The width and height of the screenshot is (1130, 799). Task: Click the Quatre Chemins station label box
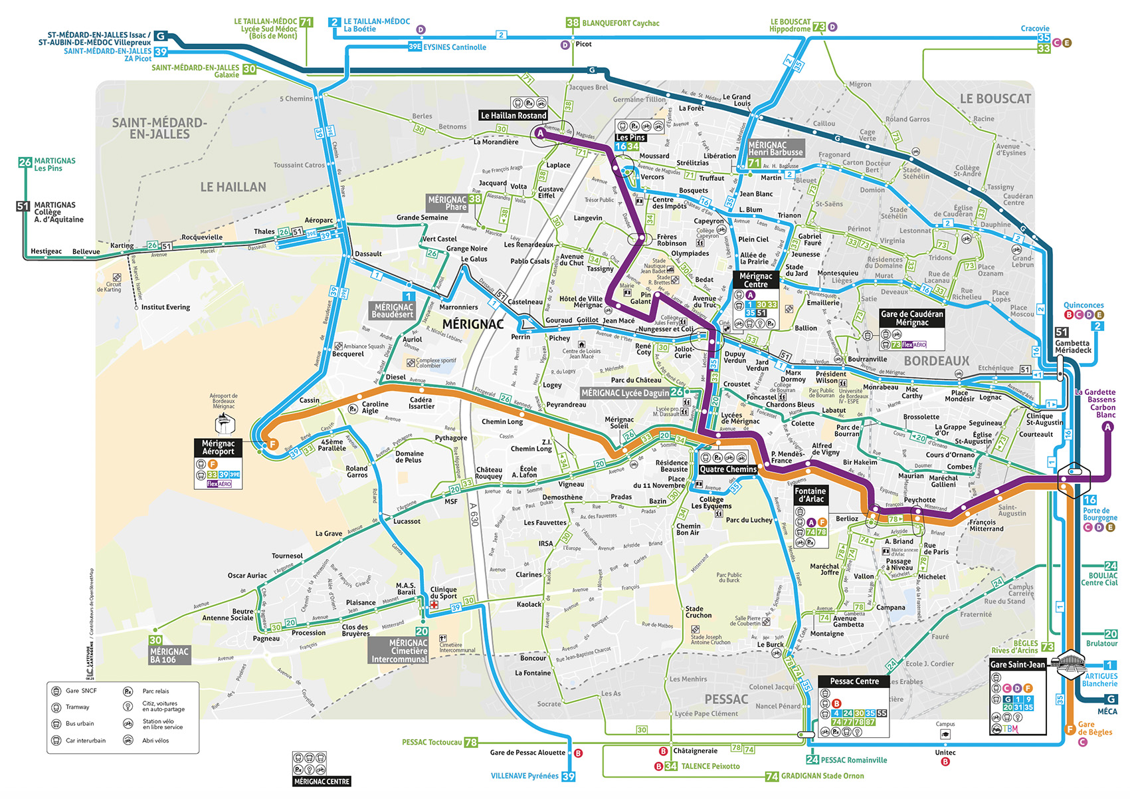728,469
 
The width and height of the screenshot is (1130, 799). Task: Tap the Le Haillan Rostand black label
514,116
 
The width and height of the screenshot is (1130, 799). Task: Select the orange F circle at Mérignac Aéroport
272,445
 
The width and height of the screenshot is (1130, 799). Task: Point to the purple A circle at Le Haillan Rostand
540,134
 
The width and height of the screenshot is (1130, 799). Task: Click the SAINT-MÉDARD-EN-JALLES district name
159,128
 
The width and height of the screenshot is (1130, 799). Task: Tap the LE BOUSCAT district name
995,99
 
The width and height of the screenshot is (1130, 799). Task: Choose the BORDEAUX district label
936,361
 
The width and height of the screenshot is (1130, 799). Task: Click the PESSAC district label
726,699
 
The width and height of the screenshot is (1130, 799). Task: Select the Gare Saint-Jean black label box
1017,664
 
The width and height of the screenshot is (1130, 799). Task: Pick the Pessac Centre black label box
854,681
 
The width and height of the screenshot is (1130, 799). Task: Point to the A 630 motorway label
474,513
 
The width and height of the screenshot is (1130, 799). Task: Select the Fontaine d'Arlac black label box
810,495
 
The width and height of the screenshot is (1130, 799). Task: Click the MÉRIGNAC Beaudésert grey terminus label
392,310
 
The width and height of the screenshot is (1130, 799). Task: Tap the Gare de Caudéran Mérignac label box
911,318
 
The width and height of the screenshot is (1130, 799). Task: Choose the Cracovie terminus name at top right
1034,29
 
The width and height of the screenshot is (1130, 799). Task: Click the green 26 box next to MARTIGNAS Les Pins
25,162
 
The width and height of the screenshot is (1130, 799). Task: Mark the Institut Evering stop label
165,307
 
